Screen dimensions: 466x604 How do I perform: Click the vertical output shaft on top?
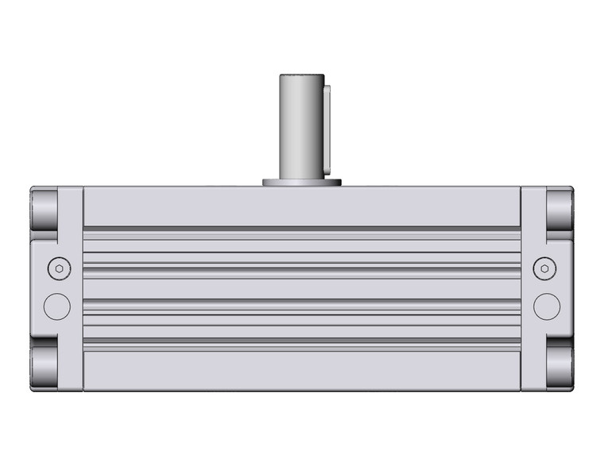tap(299, 127)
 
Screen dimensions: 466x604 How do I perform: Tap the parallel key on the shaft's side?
tap(326, 127)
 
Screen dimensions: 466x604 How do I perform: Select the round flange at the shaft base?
tap(302, 183)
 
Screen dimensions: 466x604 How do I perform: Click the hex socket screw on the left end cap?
tap(57, 269)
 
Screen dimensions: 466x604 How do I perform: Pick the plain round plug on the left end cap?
tap(57, 306)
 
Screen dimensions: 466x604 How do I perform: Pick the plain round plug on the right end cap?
tap(546, 306)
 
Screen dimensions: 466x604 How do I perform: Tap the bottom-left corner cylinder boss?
tap(45, 367)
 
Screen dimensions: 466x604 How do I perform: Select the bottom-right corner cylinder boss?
tap(559, 367)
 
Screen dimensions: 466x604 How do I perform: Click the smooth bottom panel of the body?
tap(302, 368)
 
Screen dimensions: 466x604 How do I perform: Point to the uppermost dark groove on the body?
tap(302, 229)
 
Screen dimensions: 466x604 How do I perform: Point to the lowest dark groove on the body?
tap(302, 341)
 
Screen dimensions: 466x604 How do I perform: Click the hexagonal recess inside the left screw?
tap(57, 269)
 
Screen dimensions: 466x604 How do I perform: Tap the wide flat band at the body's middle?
tap(302, 288)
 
